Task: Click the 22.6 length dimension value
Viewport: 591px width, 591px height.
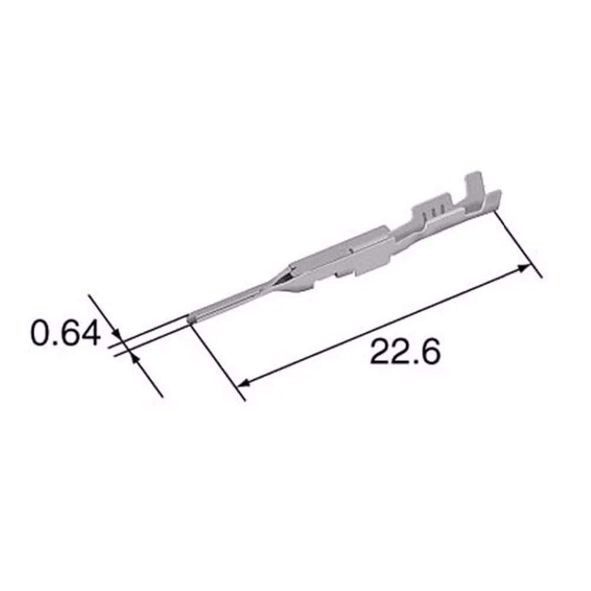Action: point(405,353)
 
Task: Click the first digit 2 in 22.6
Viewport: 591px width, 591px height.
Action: point(381,353)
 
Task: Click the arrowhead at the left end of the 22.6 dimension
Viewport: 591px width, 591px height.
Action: point(243,383)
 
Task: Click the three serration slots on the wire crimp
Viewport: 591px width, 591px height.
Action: point(434,212)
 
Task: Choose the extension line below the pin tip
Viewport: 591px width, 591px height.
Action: point(219,361)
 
